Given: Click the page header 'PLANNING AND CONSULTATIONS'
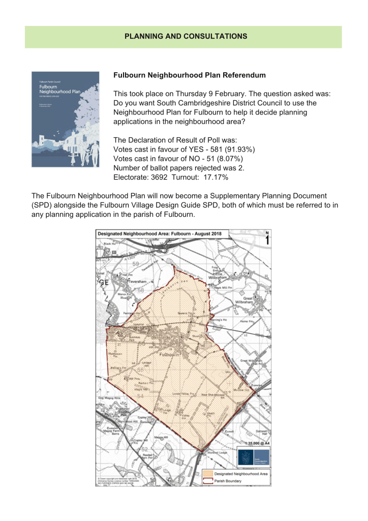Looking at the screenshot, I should click(x=186, y=36).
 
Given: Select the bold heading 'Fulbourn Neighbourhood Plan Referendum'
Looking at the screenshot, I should click(x=189, y=75).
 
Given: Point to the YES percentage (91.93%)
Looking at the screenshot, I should click(x=237, y=149).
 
